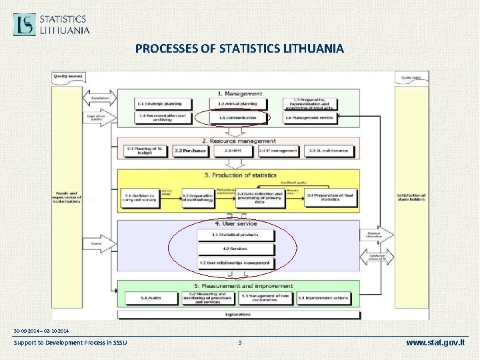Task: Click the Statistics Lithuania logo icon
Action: click(25, 24)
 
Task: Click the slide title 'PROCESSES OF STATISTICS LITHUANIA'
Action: click(239, 49)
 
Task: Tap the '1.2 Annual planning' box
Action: click(237, 104)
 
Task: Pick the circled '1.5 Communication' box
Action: click(237, 117)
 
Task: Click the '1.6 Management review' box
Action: click(309, 117)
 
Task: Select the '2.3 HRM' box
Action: click(232, 151)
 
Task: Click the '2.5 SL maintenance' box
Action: click(329, 151)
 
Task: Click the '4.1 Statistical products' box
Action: click(236, 235)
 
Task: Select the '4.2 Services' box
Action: click(236, 249)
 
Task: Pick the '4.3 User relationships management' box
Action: click(236, 263)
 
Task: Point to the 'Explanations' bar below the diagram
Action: click(238, 313)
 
